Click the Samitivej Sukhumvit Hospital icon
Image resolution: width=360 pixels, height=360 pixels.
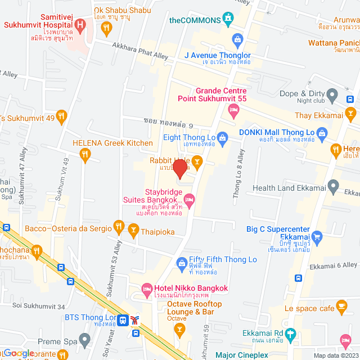tap(80, 25)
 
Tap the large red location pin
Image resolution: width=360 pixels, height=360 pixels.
tap(179, 169)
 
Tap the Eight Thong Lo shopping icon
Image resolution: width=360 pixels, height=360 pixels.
tap(223, 137)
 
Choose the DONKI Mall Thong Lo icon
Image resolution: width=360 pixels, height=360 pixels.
tap(322, 133)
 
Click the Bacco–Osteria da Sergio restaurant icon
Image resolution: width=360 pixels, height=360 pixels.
tap(118, 227)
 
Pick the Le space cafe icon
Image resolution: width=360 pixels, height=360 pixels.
tap(341, 306)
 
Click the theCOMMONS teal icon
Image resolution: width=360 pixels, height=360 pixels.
tap(228, 19)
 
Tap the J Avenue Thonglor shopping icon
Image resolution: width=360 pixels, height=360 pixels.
tap(238, 40)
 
